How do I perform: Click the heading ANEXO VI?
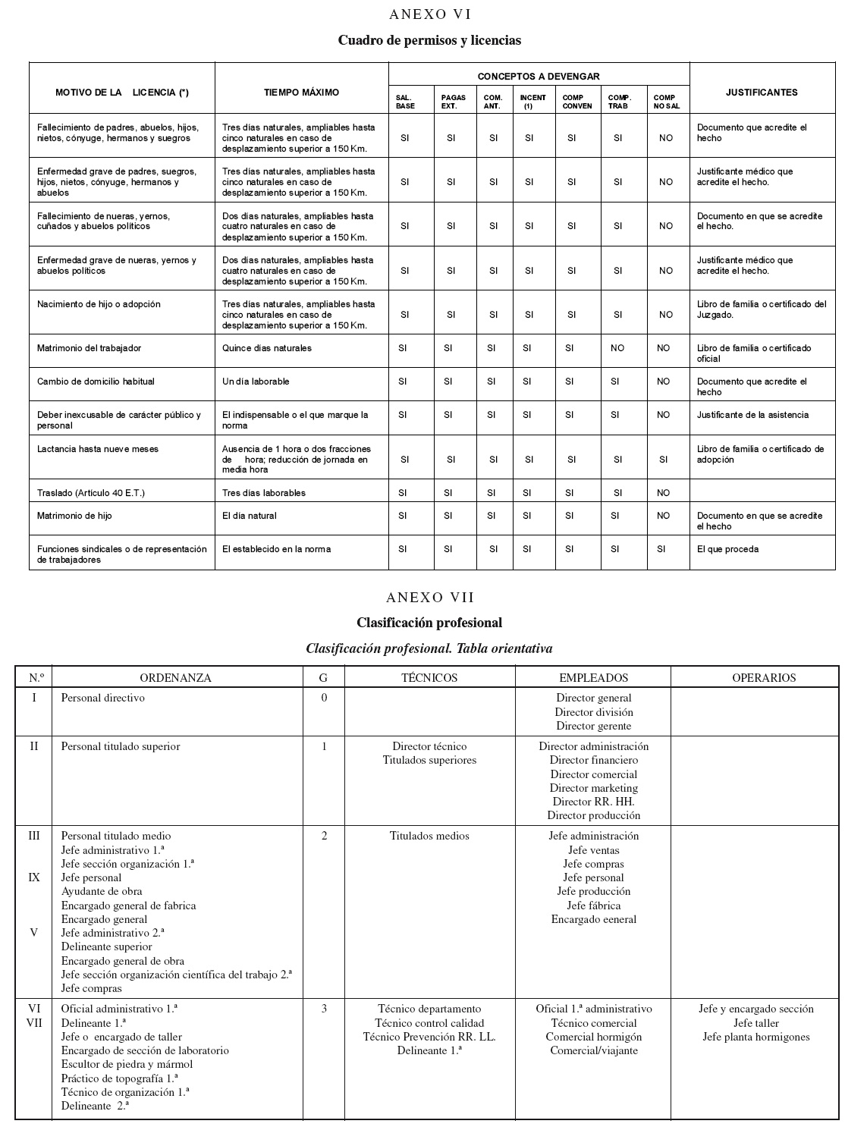[x=429, y=14]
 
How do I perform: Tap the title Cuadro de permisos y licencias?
[x=429, y=40]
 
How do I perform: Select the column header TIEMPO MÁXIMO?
[x=301, y=93]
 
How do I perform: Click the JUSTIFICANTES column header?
[x=761, y=93]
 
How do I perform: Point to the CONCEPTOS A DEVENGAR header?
[x=538, y=77]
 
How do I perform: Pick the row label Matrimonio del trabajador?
[x=89, y=348]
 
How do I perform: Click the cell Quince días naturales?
[x=266, y=348]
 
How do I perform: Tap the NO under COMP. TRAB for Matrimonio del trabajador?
[x=617, y=348]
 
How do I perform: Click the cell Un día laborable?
[x=256, y=381]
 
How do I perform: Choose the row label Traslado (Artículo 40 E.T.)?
[x=90, y=493]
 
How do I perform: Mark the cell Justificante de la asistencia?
[x=752, y=415]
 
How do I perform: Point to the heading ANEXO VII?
[x=429, y=597]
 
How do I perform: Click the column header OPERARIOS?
[x=763, y=678]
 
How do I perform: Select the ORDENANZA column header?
[x=175, y=678]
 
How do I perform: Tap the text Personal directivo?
[x=102, y=698]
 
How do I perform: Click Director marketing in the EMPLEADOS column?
[x=593, y=788]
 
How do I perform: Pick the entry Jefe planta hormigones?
[x=755, y=1037]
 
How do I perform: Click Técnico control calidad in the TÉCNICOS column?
[x=429, y=1023]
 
